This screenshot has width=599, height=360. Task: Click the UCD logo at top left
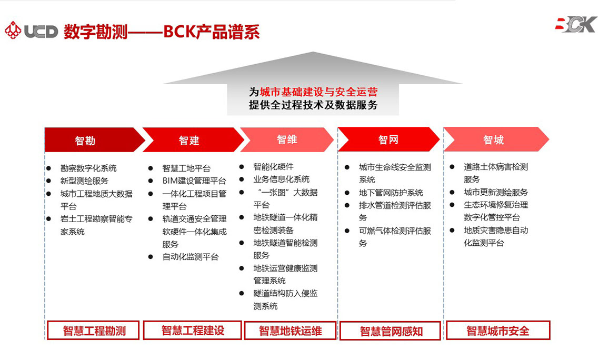click(x=32, y=31)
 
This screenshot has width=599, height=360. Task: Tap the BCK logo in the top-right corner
click(x=576, y=24)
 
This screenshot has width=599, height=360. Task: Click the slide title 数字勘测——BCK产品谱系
click(x=162, y=32)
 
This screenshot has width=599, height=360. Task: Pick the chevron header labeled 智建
click(x=193, y=140)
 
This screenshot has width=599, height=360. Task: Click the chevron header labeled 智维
click(x=287, y=139)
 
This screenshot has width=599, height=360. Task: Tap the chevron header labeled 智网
click(x=388, y=139)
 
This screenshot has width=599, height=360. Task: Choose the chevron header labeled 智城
click(x=496, y=139)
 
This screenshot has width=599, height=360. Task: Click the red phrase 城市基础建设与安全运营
click(x=318, y=92)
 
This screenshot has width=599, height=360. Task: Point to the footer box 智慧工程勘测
click(x=93, y=330)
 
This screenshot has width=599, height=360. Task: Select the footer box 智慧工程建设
click(x=193, y=330)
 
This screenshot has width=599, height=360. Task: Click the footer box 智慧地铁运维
click(x=291, y=331)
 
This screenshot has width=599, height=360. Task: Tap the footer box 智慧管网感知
click(x=391, y=331)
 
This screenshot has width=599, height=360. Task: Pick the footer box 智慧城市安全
click(x=498, y=330)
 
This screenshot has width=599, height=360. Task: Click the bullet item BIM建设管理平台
click(x=194, y=181)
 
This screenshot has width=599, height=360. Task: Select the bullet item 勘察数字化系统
click(x=88, y=168)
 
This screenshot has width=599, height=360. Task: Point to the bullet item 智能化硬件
click(x=274, y=167)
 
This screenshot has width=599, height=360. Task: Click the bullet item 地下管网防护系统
click(x=391, y=193)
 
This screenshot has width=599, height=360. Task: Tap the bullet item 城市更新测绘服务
click(x=496, y=192)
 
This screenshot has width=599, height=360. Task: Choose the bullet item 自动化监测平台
click(x=190, y=257)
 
